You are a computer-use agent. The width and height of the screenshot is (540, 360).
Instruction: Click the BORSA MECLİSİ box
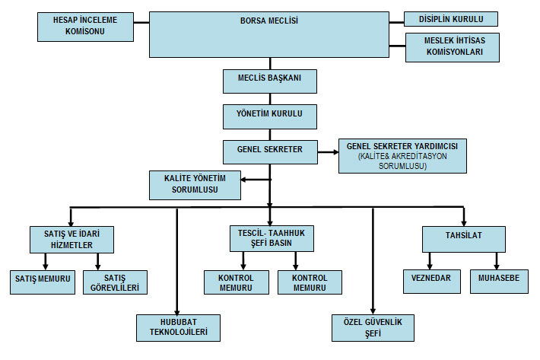point(269,34)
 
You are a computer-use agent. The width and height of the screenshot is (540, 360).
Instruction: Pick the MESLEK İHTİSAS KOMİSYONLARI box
point(452,47)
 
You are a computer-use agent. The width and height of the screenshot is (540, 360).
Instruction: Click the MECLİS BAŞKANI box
point(269,81)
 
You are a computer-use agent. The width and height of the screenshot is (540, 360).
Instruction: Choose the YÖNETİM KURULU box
point(269,116)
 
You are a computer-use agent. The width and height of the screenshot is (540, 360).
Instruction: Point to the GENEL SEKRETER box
point(269,151)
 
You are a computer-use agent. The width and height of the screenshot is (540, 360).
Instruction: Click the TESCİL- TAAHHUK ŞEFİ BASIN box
point(271,237)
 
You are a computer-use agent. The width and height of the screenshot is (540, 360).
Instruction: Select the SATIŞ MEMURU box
point(43,281)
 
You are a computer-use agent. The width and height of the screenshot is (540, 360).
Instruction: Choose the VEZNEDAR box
point(431,281)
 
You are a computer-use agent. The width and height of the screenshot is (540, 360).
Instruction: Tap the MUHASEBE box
point(498,281)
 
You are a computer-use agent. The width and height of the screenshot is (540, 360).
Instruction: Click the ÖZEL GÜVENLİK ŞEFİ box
point(373,327)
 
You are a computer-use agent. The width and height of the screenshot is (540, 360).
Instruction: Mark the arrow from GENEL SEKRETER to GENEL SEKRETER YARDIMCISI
point(327,151)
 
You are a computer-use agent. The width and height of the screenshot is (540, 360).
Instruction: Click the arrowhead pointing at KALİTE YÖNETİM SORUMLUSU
point(245,180)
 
